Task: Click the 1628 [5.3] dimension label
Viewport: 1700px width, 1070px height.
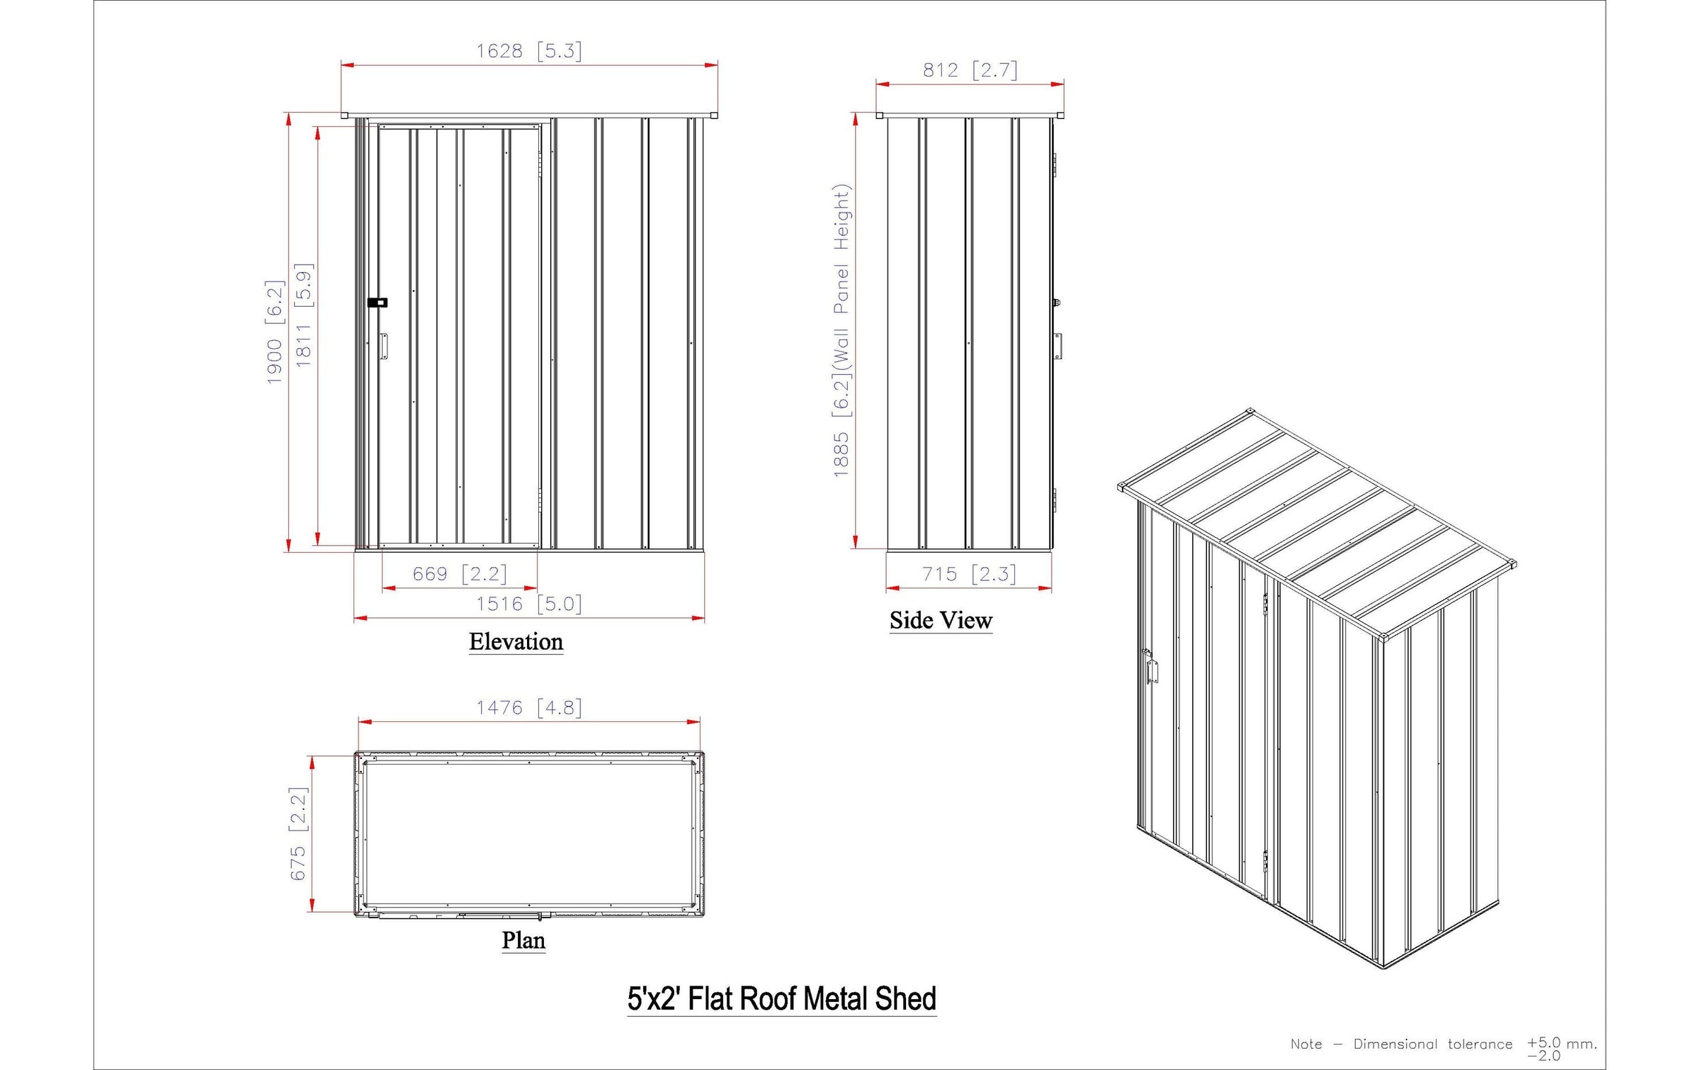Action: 528,51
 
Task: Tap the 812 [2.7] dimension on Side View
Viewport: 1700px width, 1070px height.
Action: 969,70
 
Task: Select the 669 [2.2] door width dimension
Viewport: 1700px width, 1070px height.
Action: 460,573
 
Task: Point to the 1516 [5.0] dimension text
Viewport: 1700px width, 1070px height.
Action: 528,604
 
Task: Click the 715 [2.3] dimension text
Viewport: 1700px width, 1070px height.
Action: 968,573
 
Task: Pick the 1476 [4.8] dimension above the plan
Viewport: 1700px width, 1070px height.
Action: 528,707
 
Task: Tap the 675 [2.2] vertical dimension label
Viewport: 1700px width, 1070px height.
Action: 298,833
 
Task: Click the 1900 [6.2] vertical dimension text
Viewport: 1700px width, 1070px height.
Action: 275,332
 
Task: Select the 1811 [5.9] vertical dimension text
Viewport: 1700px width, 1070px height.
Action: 303,315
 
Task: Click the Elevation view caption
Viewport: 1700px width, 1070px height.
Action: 516,641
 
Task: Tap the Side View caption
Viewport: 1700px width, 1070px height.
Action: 941,620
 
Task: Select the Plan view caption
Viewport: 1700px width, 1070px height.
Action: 523,940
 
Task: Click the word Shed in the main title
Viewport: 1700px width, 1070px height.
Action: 905,998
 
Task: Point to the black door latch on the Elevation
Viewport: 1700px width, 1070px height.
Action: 378,303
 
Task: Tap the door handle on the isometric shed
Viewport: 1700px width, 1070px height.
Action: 1152,670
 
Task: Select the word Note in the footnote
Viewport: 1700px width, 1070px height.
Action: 1305,1044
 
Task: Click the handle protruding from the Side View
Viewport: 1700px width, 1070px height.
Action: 1058,346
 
